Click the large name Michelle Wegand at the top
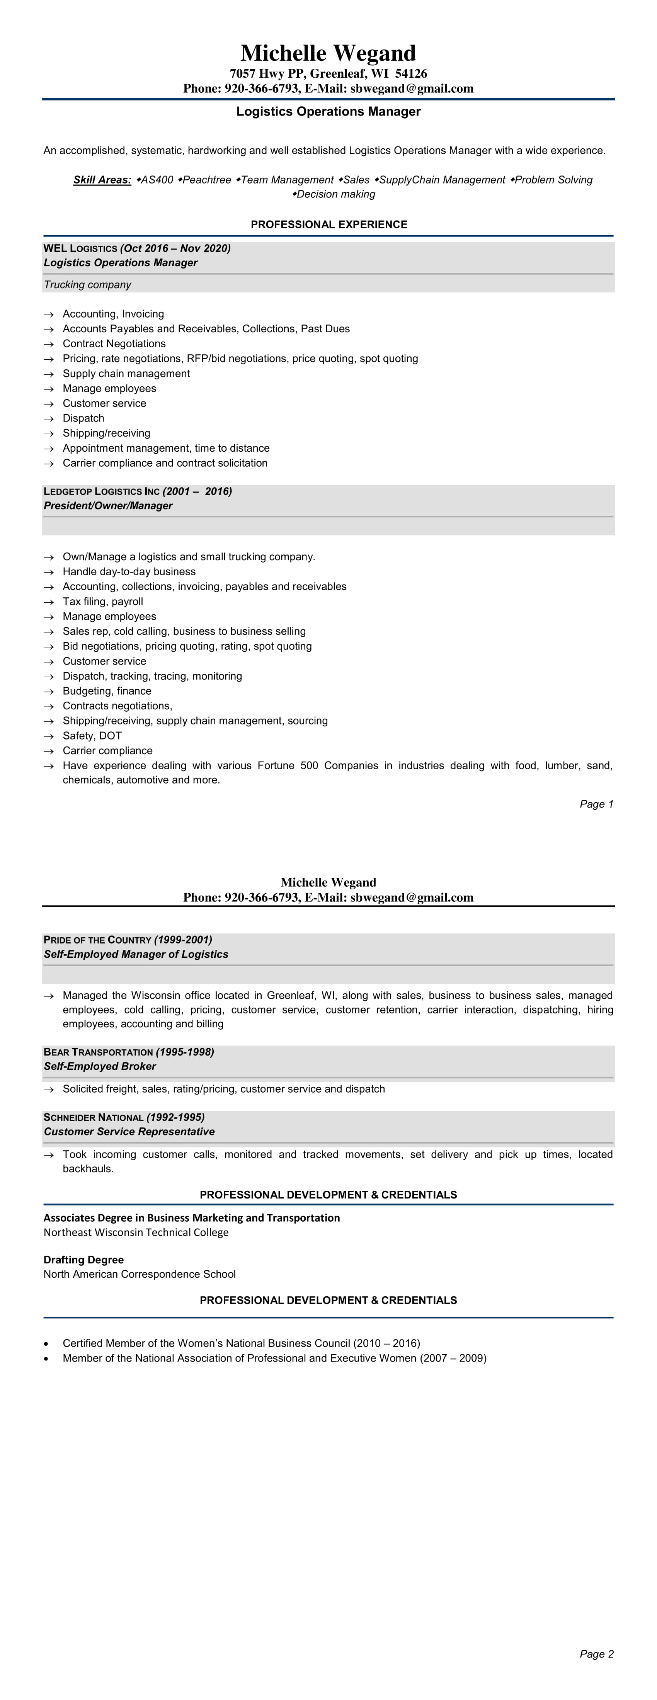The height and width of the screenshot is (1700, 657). point(328,53)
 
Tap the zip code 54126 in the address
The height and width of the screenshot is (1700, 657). point(411,73)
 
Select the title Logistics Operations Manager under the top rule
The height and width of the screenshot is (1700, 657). point(328,112)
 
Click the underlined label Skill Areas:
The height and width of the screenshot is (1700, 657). point(102,180)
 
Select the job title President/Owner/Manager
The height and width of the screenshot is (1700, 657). point(107,505)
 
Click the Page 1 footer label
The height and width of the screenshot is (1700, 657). point(596,804)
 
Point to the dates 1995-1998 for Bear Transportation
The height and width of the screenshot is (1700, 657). point(185,1052)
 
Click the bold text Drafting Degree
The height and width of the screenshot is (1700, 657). point(83,1260)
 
